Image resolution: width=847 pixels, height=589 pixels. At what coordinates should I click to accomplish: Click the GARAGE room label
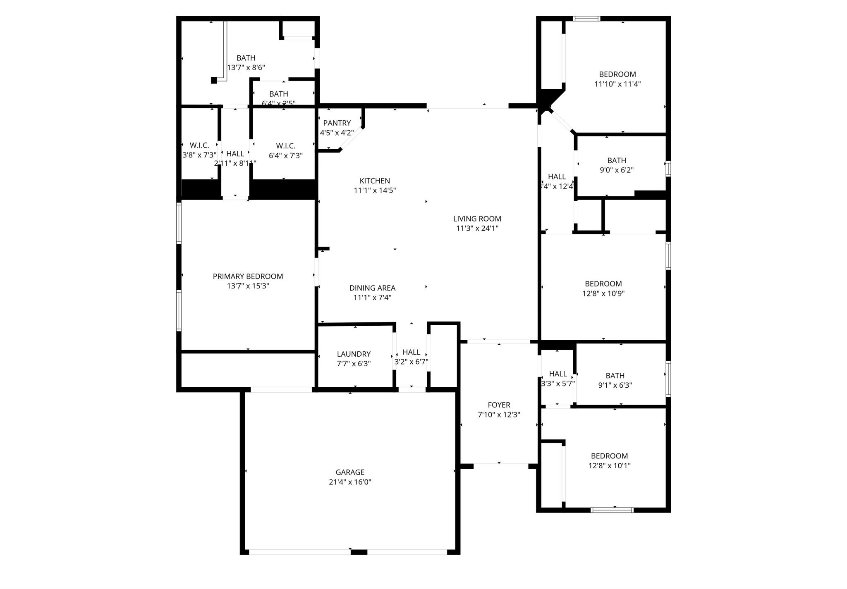(350, 472)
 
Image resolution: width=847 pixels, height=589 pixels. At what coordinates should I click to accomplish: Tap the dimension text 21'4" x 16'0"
(350, 482)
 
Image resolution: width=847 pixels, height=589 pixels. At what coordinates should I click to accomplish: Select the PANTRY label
(337, 123)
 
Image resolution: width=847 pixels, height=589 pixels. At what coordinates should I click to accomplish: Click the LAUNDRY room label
(354, 354)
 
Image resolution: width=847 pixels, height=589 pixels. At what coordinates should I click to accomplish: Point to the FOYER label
(499, 405)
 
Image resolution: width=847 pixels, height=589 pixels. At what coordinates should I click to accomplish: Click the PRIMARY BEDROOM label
(248, 276)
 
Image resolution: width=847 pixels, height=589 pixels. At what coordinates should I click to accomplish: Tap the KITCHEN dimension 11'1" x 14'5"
(375, 191)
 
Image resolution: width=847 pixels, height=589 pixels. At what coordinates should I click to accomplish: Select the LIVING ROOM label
(477, 219)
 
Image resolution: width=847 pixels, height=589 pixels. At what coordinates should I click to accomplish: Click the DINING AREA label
(372, 288)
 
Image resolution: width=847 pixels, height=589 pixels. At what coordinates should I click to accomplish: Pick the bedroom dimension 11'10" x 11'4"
(617, 84)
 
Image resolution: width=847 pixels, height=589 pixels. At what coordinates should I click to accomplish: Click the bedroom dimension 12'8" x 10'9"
(603, 293)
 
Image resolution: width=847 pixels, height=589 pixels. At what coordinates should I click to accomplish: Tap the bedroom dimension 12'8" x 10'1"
(609, 466)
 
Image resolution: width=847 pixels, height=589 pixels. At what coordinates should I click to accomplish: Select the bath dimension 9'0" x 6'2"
(617, 170)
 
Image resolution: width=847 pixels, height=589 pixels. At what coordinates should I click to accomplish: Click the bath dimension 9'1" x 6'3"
(615, 385)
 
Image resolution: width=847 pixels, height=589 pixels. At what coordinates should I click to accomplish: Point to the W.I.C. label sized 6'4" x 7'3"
(285, 146)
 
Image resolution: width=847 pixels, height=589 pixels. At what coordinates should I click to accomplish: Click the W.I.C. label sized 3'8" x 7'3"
(199, 145)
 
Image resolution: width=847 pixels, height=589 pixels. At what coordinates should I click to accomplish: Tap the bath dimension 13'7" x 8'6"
(246, 67)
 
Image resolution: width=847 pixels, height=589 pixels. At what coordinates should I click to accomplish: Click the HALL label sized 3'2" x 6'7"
(411, 352)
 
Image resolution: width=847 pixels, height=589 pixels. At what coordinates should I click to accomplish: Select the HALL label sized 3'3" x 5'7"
(557, 374)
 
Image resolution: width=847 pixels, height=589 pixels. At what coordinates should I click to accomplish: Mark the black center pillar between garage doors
(359, 552)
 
